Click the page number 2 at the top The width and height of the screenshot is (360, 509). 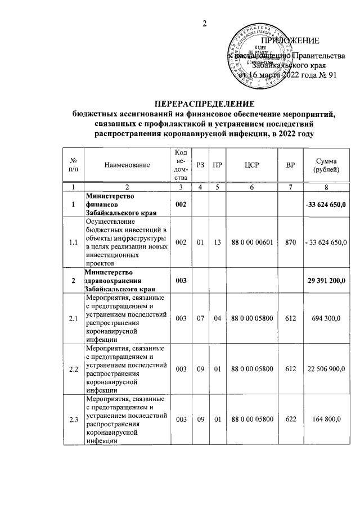pos(205,23)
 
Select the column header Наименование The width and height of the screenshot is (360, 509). pos(127,165)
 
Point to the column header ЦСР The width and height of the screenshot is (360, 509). pos(252,165)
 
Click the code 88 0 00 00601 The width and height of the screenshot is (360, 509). pos(252,242)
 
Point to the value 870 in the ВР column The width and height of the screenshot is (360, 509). pos(290,242)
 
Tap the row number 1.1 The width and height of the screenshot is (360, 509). pos(73,242)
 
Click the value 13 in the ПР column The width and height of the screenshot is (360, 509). pos(216,242)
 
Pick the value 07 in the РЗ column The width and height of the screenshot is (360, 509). pos(200,318)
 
